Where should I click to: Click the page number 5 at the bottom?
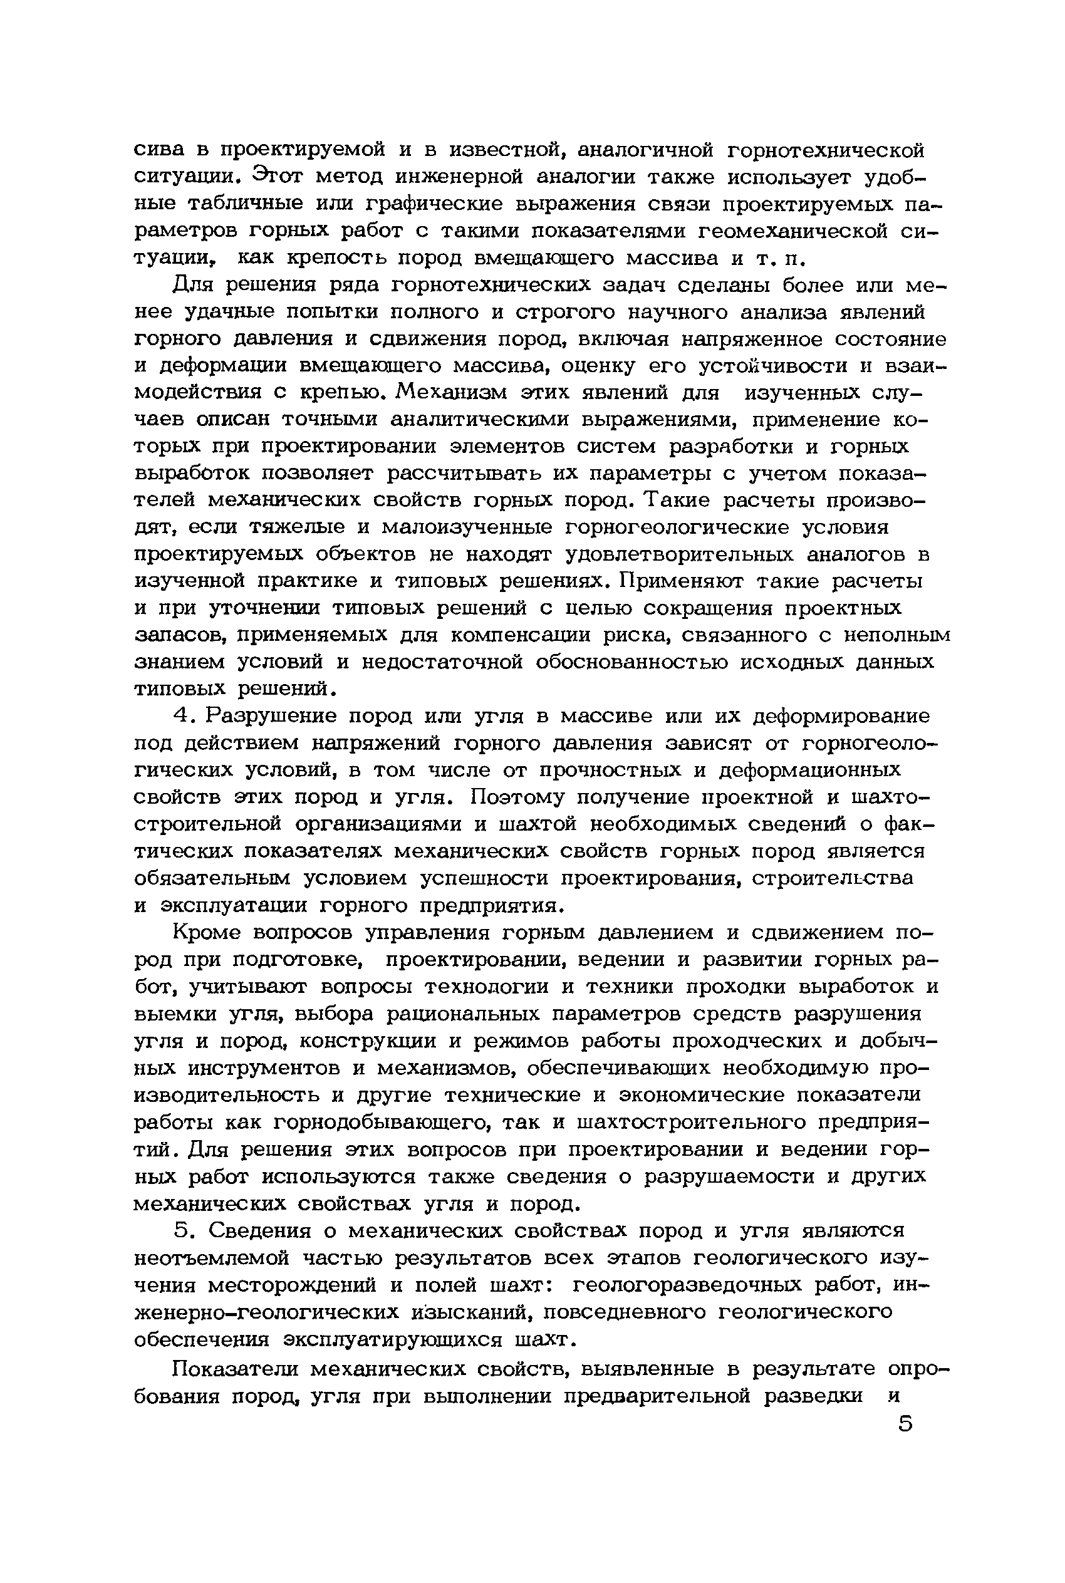coord(905,1423)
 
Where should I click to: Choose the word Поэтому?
coord(517,797)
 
